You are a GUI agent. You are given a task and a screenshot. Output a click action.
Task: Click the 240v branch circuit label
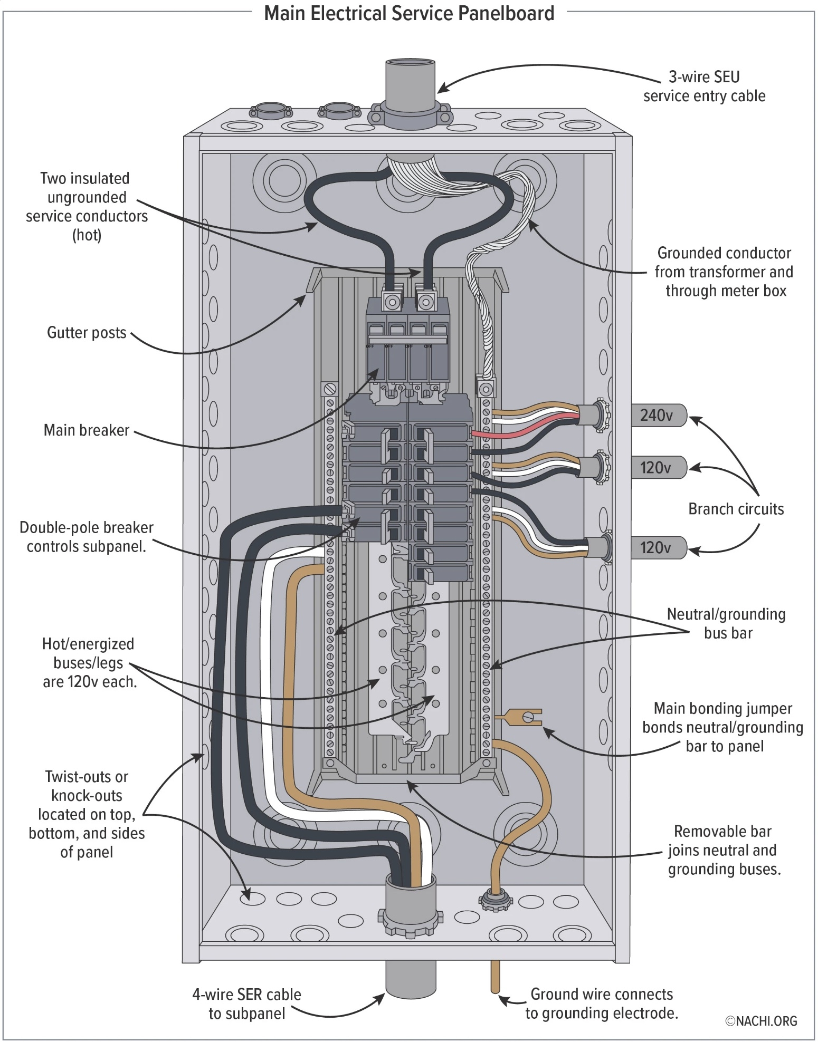pos(657,415)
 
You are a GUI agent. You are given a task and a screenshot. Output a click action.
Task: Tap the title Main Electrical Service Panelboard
pos(409,14)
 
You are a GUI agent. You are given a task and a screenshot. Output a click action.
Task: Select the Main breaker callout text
pos(86,430)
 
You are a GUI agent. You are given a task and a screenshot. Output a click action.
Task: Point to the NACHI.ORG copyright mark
pos(761,1021)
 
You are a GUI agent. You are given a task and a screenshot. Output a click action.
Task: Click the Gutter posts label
pos(87,333)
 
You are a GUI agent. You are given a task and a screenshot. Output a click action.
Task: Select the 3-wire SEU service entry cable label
pos(704,86)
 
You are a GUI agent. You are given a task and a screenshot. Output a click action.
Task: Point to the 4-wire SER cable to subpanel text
pos(246,1004)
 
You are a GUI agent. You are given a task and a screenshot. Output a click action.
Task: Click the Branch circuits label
pos(736,509)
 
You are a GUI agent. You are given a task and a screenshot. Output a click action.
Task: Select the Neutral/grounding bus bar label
pos(726,623)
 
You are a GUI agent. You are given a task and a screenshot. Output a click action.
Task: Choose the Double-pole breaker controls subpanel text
pos(86,537)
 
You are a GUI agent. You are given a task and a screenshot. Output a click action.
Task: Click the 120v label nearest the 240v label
pos(655,468)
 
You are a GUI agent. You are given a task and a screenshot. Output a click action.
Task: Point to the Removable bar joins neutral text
pos(723,850)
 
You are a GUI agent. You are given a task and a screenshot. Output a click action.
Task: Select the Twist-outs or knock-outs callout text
pos(87,814)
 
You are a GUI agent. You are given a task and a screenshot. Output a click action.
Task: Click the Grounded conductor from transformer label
pos(724,272)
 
